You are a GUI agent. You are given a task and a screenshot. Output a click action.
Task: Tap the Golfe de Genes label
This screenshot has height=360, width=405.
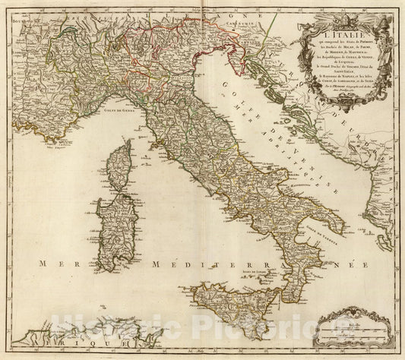pyautogui.click(x=113, y=112)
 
